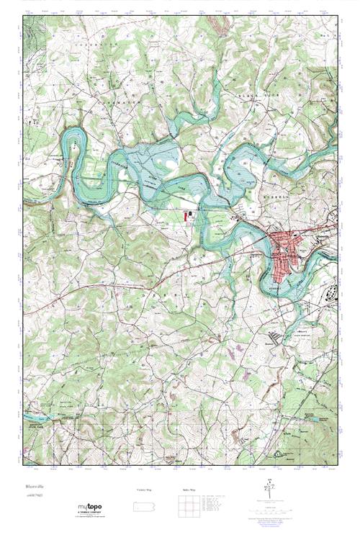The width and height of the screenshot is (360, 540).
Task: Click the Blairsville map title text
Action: (32, 486)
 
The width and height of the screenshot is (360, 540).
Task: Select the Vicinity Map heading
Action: (145, 490)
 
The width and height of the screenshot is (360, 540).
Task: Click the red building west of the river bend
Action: (190, 214)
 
